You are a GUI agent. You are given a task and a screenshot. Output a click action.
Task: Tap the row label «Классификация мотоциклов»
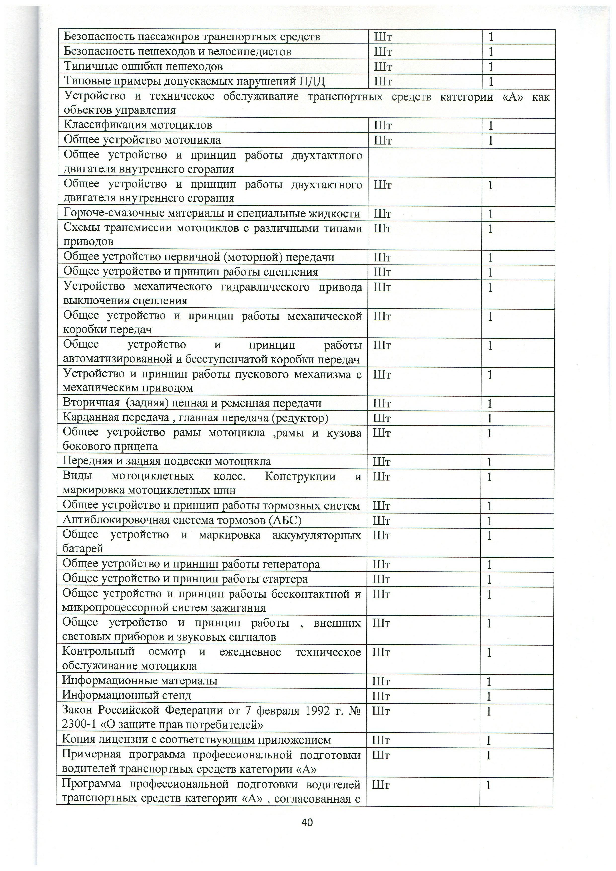tap(138, 125)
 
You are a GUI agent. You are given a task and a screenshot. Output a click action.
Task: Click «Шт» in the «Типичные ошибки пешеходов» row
tap(383, 67)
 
